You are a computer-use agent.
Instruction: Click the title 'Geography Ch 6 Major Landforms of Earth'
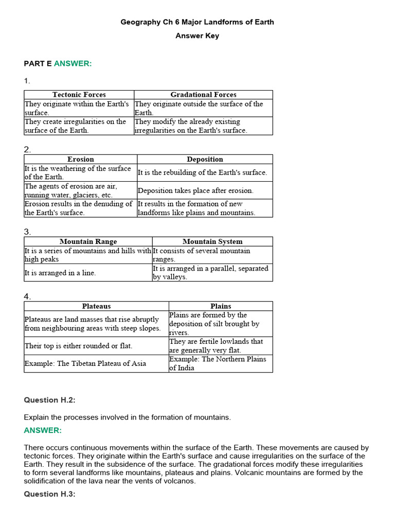pyautogui.click(x=197, y=22)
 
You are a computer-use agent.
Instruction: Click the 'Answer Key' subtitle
pyautogui.click(x=197, y=36)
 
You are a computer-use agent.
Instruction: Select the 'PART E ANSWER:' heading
pyautogui.click(x=58, y=63)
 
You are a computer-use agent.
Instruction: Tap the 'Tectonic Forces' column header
pyautogui.click(x=79, y=95)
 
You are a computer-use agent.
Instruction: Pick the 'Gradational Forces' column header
pyautogui.click(x=203, y=95)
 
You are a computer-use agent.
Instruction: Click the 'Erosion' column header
pyautogui.click(x=81, y=160)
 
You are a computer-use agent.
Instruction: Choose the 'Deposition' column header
pyautogui.click(x=205, y=160)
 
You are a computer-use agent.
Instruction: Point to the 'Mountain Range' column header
pyautogui.click(x=88, y=241)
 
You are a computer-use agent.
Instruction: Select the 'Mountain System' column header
pyautogui.click(x=212, y=241)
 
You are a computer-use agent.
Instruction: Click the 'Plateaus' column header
pyautogui.click(x=96, y=306)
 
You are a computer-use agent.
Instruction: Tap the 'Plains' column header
pyautogui.click(x=221, y=306)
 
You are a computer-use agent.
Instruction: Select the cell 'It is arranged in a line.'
pyautogui.click(x=60, y=273)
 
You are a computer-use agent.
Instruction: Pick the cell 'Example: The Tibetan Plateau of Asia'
pyautogui.click(x=85, y=363)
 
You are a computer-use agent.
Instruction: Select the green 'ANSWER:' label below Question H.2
pyautogui.click(x=43, y=430)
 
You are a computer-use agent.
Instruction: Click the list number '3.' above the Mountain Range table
pyautogui.click(x=27, y=232)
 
